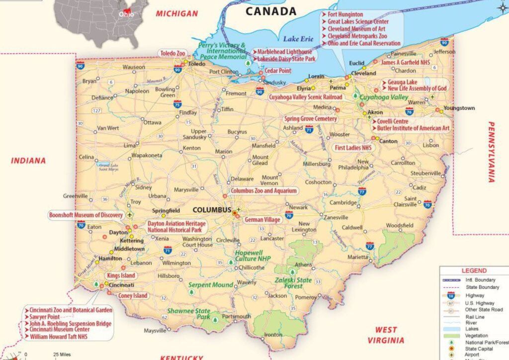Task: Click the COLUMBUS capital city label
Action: [x=212, y=210]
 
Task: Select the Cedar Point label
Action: [x=277, y=71]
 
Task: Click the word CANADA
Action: [x=271, y=11]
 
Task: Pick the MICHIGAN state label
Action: [x=177, y=13]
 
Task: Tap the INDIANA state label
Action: [x=28, y=161]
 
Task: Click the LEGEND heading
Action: [x=474, y=271]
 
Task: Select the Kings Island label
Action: [x=121, y=275]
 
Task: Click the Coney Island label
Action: [x=133, y=296]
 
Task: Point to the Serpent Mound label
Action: [x=210, y=285]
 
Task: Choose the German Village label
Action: [x=262, y=219]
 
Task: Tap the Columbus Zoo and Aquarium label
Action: [x=263, y=191]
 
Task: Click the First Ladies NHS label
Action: [x=353, y=148]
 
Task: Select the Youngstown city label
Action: [x=459, y=108]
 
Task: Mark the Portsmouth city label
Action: [x=236, y=317]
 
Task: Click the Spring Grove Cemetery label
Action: [x=310, y=119]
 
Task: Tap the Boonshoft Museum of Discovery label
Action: [x=85, y=215]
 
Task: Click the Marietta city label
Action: [x=358, y=257]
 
